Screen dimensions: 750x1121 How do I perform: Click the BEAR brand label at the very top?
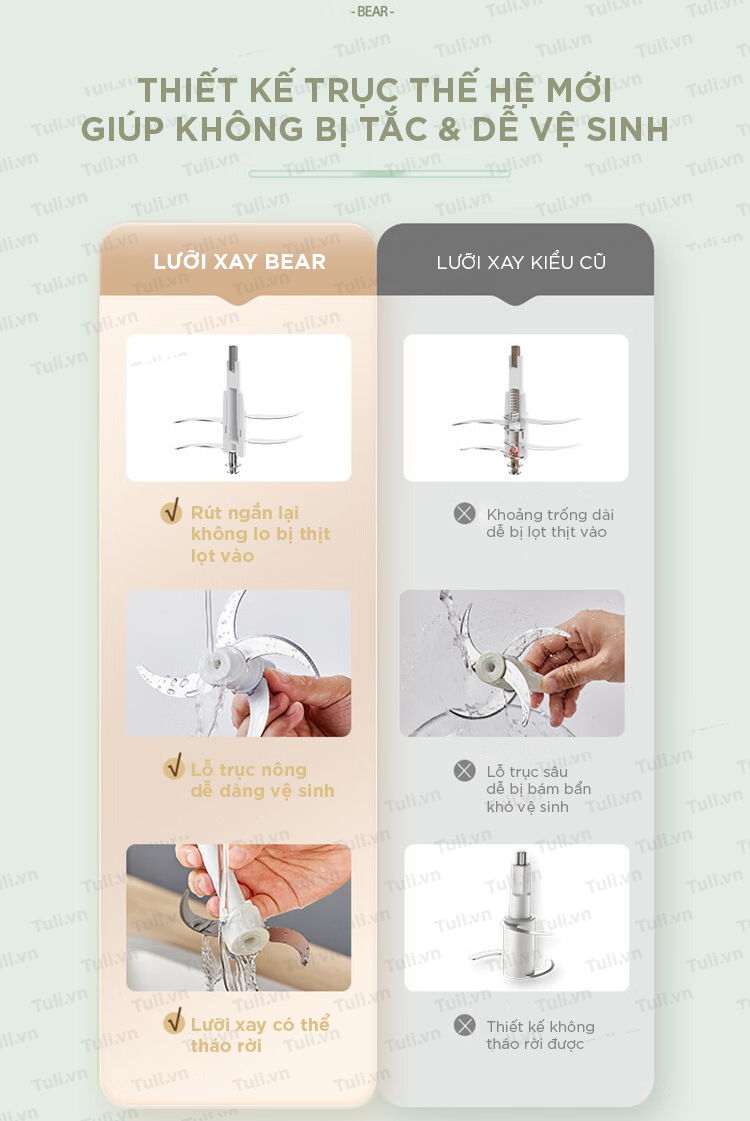[372, 11]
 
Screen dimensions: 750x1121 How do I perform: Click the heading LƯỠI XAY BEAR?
[240, 262]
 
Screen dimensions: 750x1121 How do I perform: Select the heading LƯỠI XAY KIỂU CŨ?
[521, 262]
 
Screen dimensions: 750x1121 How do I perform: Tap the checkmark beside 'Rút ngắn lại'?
[172, 511]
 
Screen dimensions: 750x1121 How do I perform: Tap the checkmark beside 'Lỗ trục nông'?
[174, 768]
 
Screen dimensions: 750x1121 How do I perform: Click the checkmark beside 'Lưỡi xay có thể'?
[174, 1022]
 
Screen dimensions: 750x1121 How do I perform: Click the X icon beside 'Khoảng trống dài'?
[465, 513]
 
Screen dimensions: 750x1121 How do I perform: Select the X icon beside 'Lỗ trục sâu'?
[465, 771]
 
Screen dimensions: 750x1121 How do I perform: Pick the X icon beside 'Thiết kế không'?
[465, 1026]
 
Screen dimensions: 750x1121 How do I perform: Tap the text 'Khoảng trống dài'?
[550, 515]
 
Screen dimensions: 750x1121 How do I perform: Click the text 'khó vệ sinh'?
[528, 806]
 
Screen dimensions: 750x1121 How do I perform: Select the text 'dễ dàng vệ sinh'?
[262, 791]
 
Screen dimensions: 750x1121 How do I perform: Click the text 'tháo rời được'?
[535, 1044]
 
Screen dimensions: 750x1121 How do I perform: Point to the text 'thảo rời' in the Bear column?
[226, 1046]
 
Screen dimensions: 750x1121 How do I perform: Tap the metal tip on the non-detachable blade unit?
[522, 859]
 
